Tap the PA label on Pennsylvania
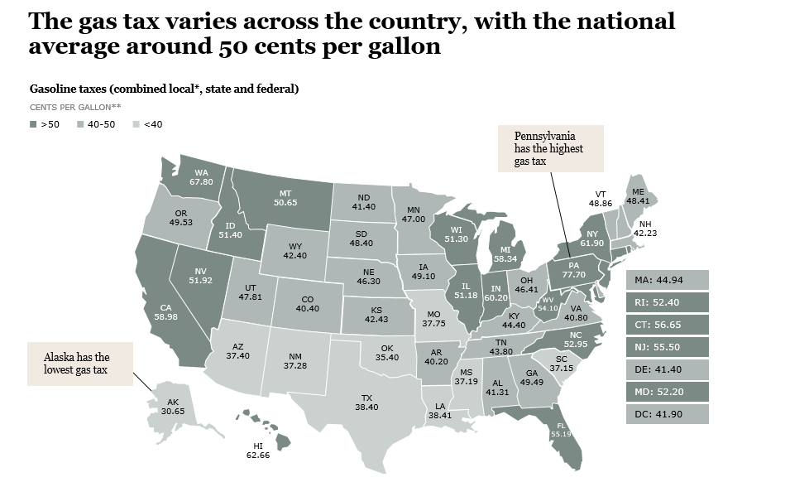coord(573,266)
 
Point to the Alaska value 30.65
coord(173,411)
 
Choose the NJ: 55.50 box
coord(667,347)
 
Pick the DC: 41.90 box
coord(667,414)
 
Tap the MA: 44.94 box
coord(667,280)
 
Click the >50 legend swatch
coord(33,124)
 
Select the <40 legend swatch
coord(136,124)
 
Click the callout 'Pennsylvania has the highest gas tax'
coord(549,148)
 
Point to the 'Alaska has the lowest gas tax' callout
coord(79,364)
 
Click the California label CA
coord(165,307)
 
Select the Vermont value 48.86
coord(601,202)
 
